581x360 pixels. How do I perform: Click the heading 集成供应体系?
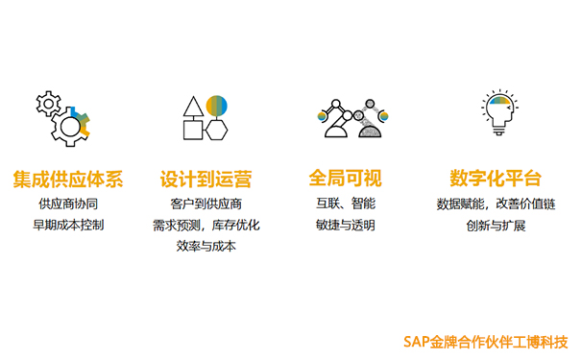pyautogui.click(x=68, y=179)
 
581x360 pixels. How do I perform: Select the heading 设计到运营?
pyautogui.click(x=206, y=179)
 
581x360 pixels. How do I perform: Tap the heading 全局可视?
pyautogui.click(x=346, y=179)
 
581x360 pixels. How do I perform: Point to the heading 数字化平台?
pyautogui.click(x=496, y=179)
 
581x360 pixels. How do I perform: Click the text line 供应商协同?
pyautogui.click(x=68, y=204)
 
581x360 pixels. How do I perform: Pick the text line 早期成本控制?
pyautogui.click(x=68, y=226)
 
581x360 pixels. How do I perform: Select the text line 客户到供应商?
pyautogui.click(x=206, y=204)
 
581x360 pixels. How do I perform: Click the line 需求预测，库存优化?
pyautogui.click(x=206, y=226)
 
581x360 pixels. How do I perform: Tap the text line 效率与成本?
pyautogui.click(x=206, y=247)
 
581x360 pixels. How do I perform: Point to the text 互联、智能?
pyautogui.click(x=346, y=204)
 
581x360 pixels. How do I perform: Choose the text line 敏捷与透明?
pyautogui.click(x=346, y=226)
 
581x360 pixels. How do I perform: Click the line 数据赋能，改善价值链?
pyautogui.click(x=496, y=204)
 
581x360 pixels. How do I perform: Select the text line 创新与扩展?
pyautogui.click(x=496, y=227)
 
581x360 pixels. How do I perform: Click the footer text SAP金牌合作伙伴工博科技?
pyautogui.click(x=486, y=341)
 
